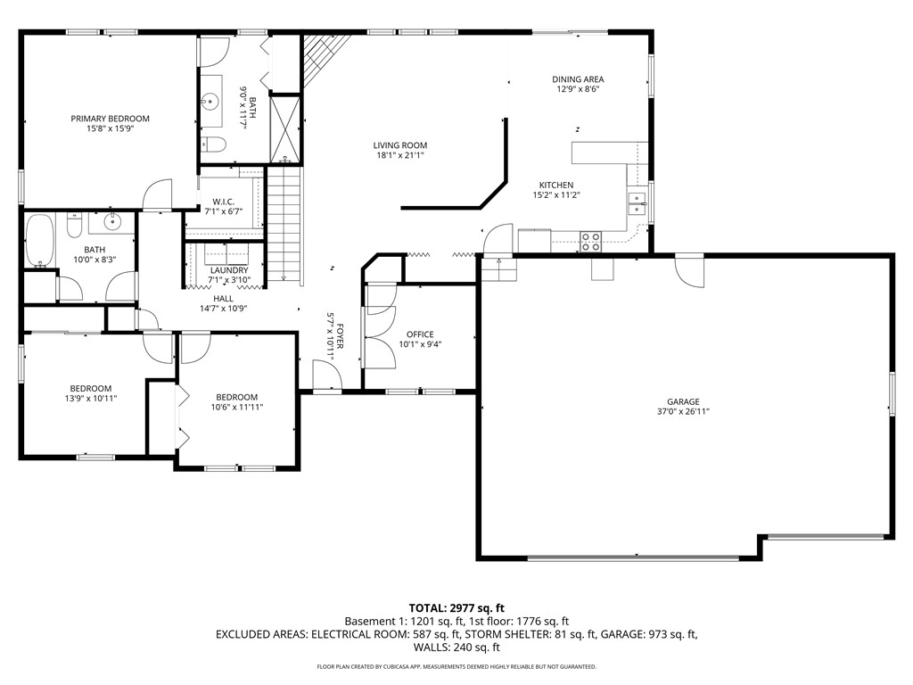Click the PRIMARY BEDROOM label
click(110, 119)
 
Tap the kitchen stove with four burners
click(590, 242)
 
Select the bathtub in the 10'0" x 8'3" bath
click(39, 241)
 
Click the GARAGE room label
click(683, 402)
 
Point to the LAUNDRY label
click(229, 271)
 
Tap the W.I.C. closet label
click(224, 202)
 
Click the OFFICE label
click(420, 334)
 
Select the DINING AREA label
click(578, 79)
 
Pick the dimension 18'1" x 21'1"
click(400, 155)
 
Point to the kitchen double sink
click(637, 202)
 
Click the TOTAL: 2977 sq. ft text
click(456, 609)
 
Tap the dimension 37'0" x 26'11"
click(683, 412)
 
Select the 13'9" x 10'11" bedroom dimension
click(91, 399)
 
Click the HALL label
click(223, 299)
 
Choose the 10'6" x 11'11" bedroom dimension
click(237, 407)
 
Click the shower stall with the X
click(284, 129)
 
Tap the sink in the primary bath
click(210, 102)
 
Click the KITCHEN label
click(556, 186)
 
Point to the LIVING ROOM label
click(400, 145)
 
